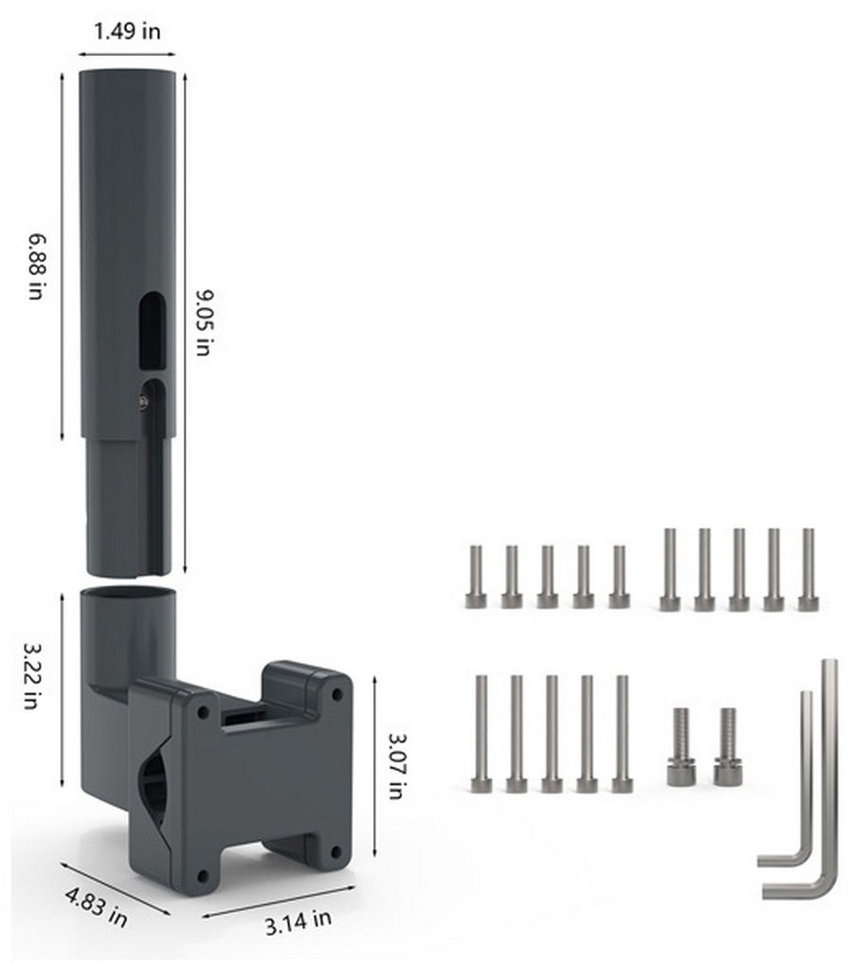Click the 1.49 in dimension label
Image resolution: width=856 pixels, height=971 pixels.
pos(127,30)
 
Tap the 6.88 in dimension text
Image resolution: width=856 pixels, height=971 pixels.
pos(37,266)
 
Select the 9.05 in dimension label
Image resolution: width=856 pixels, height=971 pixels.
pos(204,322)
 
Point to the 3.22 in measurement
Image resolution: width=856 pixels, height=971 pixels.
pos(33,675)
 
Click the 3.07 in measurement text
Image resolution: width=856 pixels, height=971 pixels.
pos(396,766)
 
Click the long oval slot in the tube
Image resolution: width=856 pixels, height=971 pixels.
pos(152,331)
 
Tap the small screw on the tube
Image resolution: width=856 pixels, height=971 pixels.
pos(143,402)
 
